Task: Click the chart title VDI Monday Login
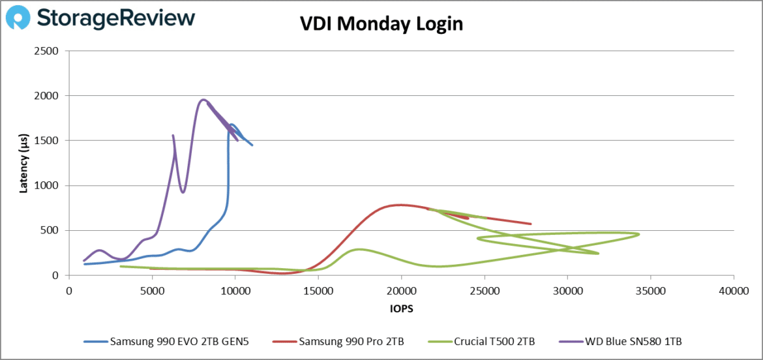point(381,24)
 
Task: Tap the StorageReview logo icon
point(17,18)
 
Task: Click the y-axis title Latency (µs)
point(24,163)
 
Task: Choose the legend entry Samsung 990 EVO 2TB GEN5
point(172,340)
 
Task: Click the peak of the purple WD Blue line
point(203,100)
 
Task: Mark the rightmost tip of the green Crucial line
point(638,234)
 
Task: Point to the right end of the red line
point(531,224)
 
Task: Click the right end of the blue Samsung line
point(252,145)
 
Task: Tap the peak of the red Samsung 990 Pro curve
point(399,205)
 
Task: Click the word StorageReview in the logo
point(116,18)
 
